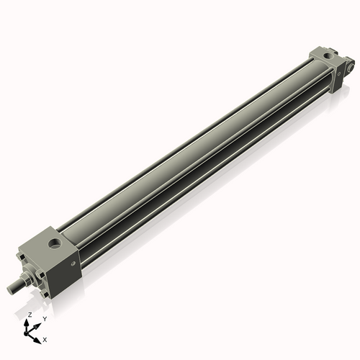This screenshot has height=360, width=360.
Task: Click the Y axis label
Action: point(44,318)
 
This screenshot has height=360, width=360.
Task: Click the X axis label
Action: point(45,338)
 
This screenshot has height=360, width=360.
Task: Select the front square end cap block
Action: point(54,256)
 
